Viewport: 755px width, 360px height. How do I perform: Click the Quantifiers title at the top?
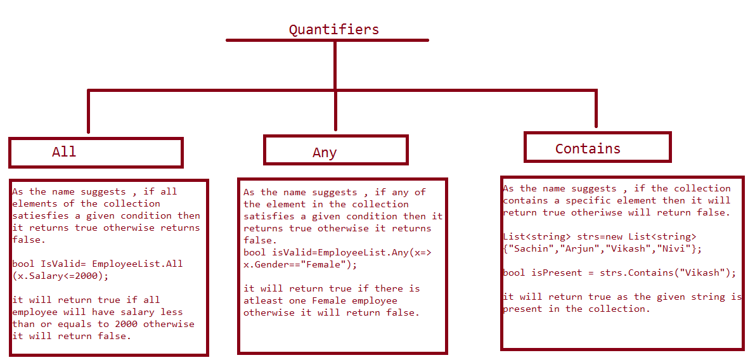click(333, 30)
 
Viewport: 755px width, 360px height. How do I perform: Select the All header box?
click(96, 153)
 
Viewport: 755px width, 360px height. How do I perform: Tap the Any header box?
click(335, 150)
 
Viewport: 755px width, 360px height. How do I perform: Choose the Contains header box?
click(598, 147)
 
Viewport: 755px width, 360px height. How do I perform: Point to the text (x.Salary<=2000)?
click(58, 276)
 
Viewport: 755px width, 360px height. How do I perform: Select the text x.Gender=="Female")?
click(302, 264)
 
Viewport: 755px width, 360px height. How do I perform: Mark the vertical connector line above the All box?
click(89, 111)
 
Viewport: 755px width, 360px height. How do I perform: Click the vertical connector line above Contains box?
click(596, 109)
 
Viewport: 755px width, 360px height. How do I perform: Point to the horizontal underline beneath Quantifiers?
click(328, 41)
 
